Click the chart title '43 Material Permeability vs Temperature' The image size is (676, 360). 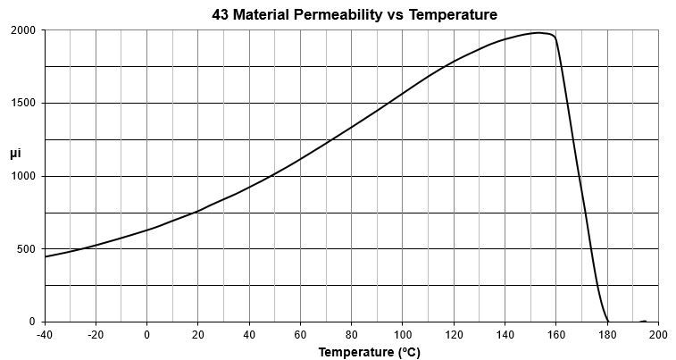[355, 14]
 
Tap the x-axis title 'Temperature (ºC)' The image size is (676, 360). [369, 352]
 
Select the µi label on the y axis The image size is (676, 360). [15, 154]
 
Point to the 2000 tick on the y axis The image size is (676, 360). [22, 30]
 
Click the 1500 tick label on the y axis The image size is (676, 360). [22, 103]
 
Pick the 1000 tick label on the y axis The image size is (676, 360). [22, 176]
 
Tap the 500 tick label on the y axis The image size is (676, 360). [25, 248]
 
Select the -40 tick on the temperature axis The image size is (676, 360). [45, 335]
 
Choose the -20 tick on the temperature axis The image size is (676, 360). [96, 335]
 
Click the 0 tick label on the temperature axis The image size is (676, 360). [147, 335]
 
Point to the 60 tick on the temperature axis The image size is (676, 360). [301, 335]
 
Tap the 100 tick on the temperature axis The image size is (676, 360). [403, 335]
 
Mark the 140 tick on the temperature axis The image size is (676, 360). [505, 335]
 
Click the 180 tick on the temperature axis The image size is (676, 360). [607, 335]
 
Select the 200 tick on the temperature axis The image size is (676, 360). [658, 335]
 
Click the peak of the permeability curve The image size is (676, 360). [539, 33]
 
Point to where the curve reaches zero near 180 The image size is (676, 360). [608, 321]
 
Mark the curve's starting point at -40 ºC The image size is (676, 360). [46, 256]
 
